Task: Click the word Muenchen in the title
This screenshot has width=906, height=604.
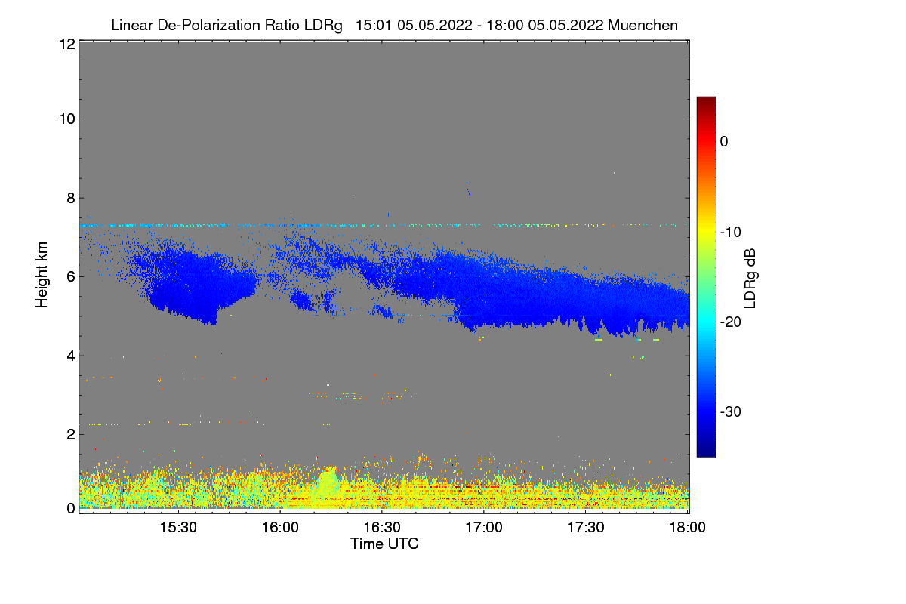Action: coord(643,25)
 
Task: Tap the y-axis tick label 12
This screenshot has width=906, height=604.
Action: coord(66,44)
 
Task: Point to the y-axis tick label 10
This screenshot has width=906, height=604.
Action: coord(66,119)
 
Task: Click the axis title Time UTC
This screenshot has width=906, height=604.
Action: coord(384,544)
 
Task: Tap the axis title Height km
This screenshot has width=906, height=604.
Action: coord(42,276)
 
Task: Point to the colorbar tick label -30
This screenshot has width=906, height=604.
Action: coord(733,412)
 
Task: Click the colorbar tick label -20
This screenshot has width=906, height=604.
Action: coord(733,322)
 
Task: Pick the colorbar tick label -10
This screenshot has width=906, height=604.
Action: coord(733,232)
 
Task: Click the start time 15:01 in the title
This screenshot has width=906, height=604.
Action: coord(373,25)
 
